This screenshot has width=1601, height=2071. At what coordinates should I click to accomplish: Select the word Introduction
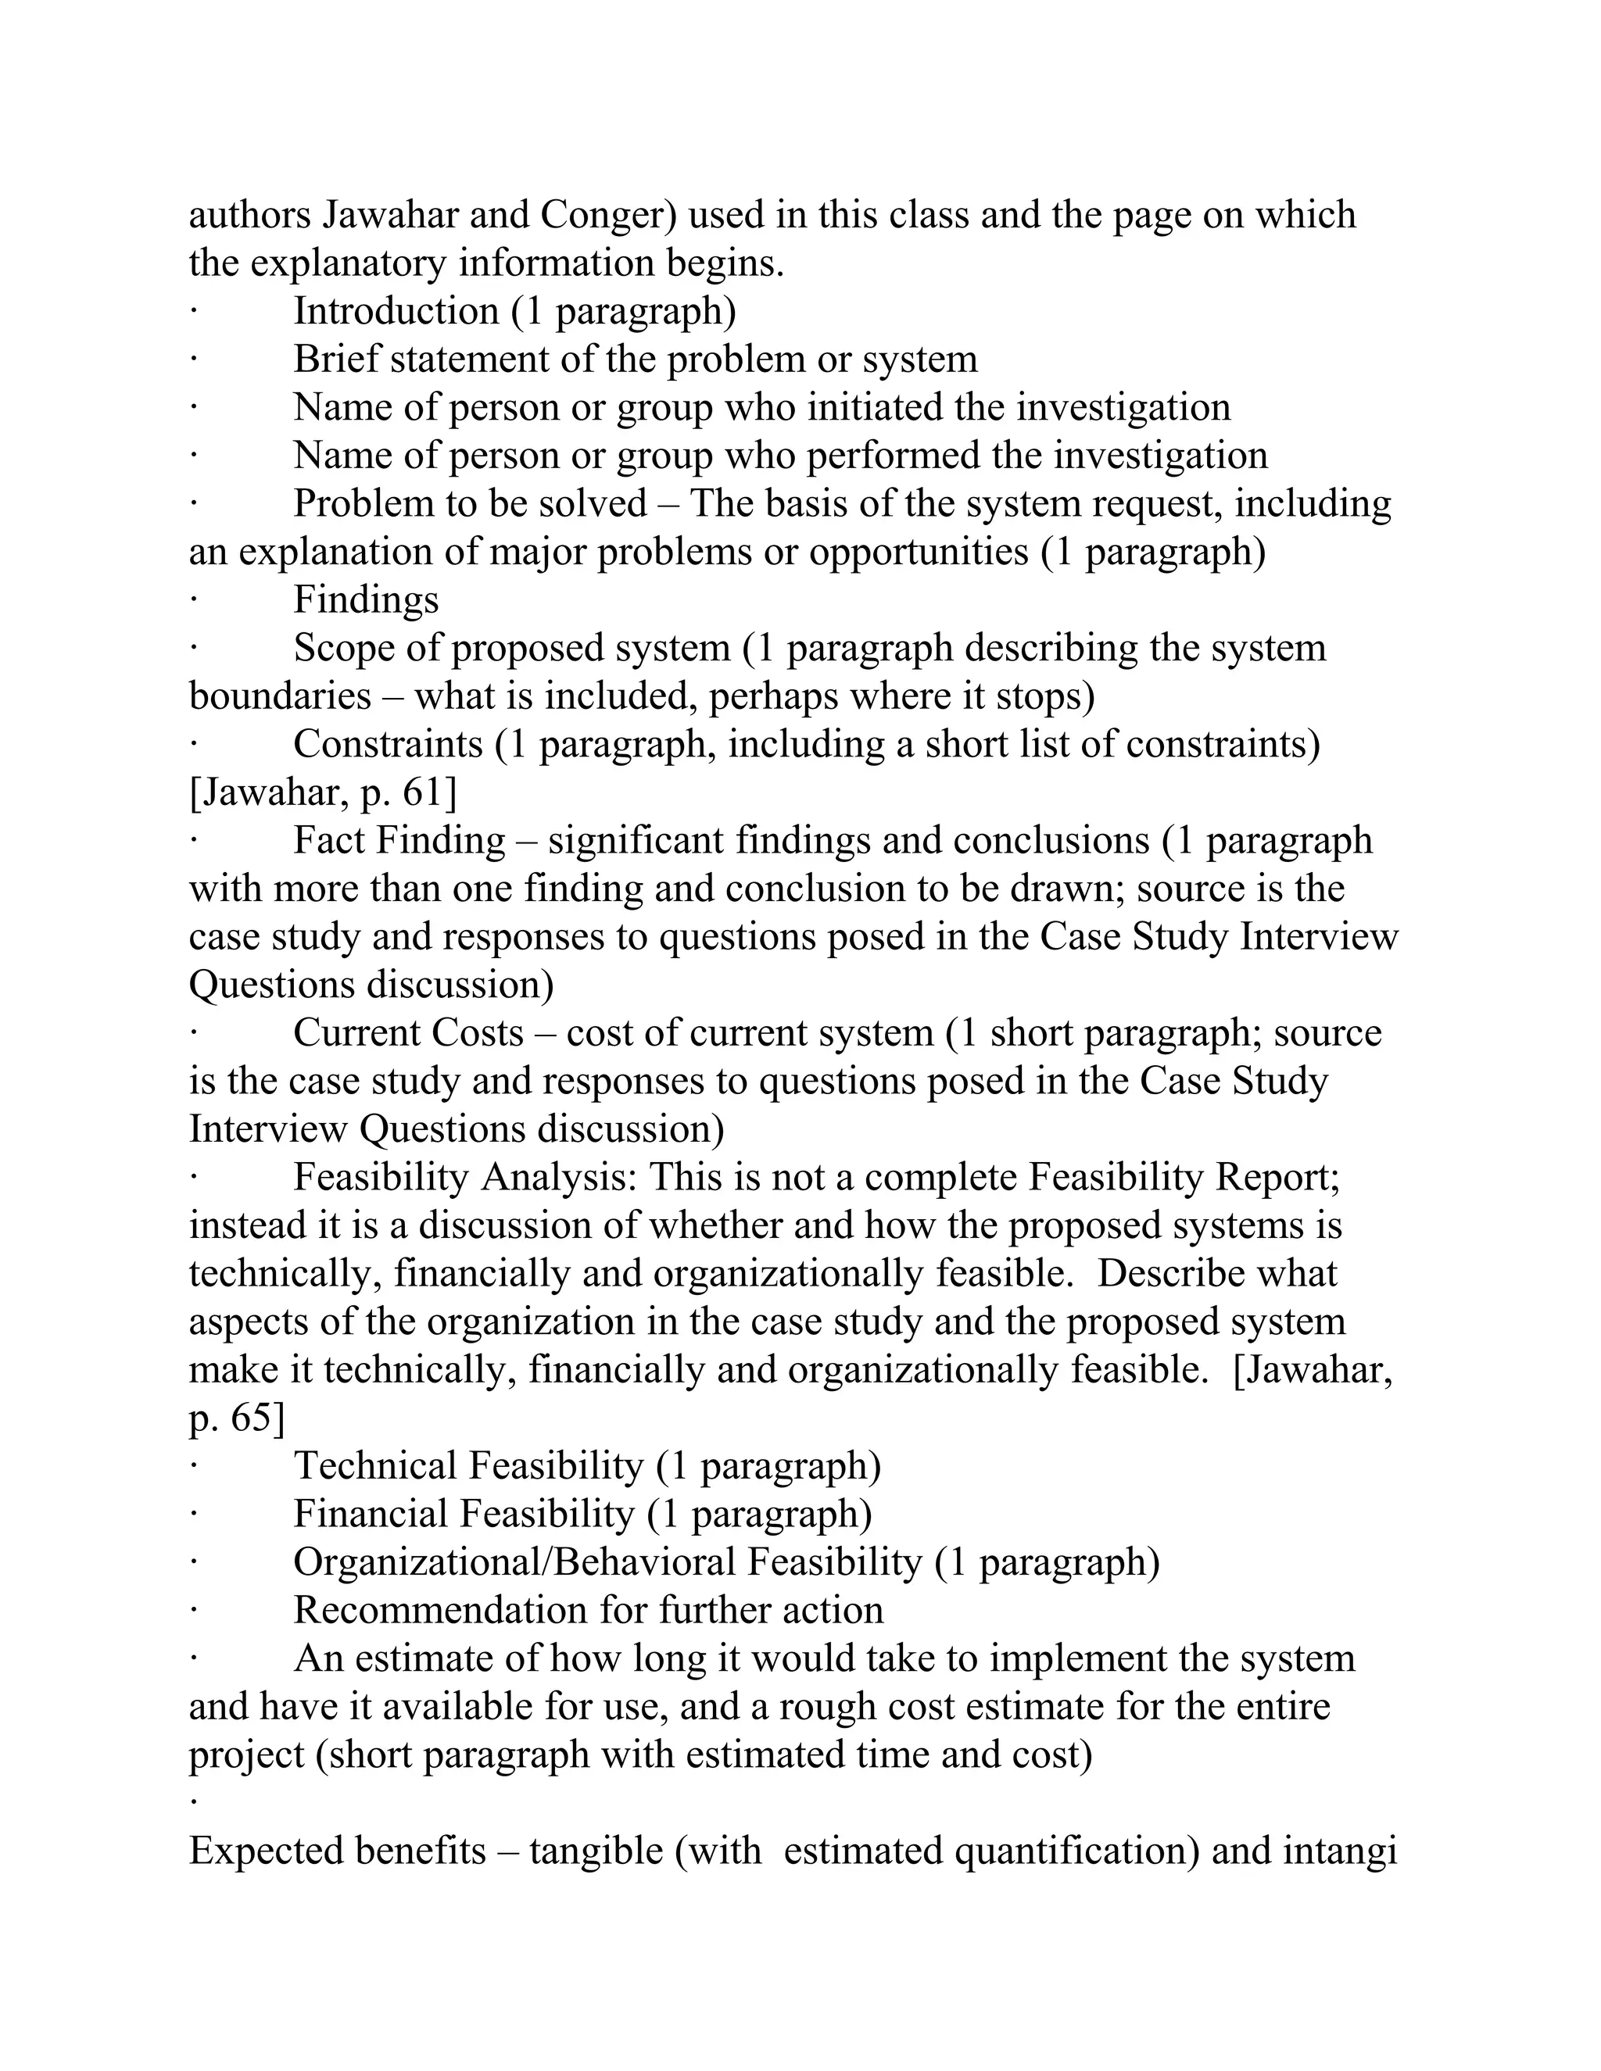coord(396,312)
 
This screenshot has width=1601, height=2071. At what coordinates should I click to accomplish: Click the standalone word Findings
coord(365,600)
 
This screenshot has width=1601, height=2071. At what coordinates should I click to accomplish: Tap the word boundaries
coord(280,697)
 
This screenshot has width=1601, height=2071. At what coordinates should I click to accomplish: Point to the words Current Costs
coord(408,1034)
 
